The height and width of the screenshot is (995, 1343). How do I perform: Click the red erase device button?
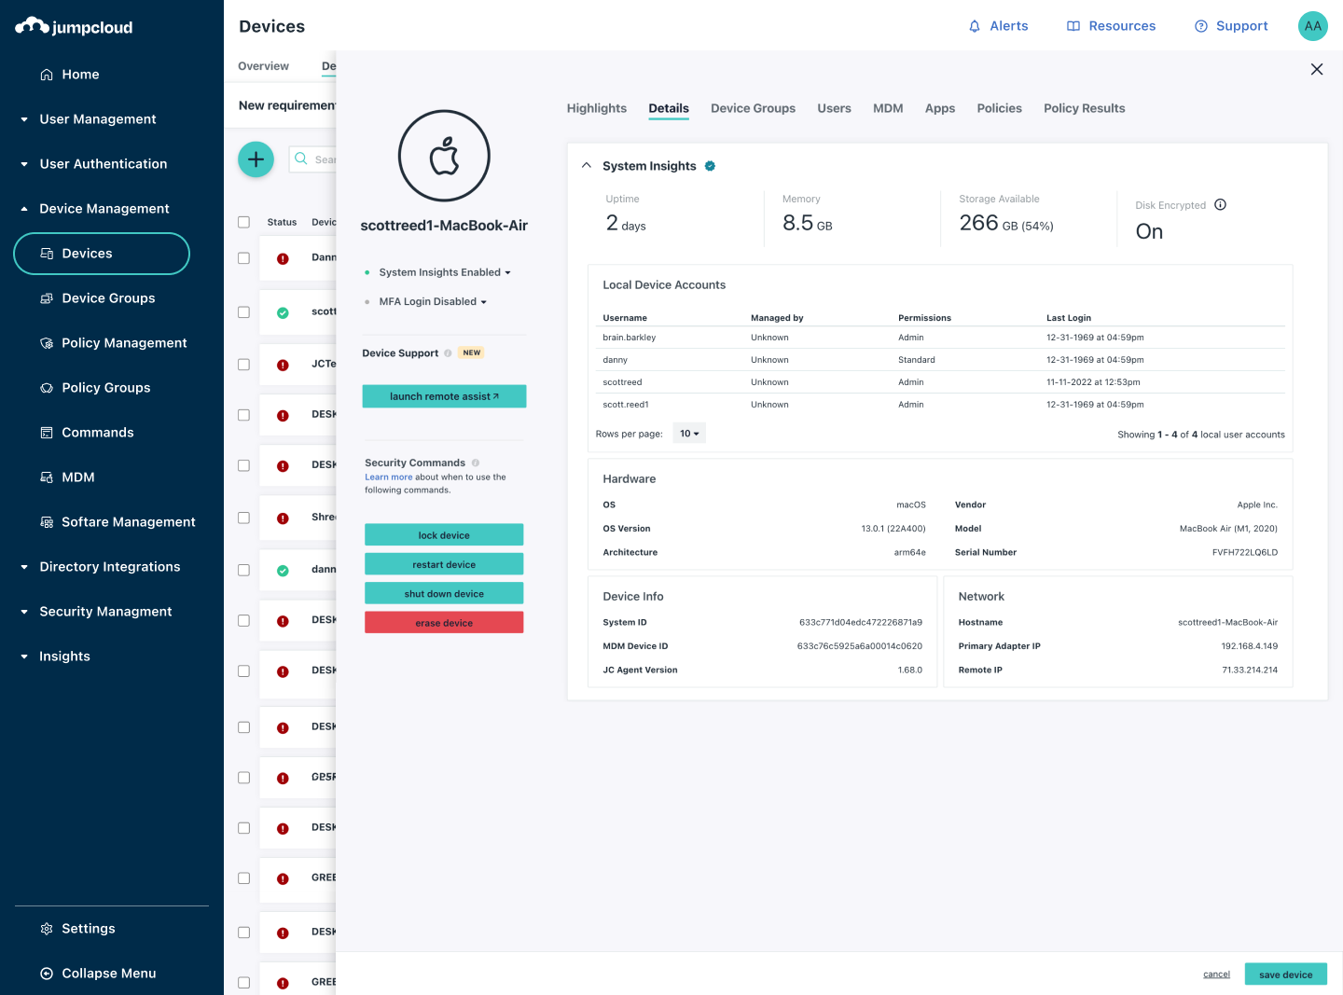coord(444,622)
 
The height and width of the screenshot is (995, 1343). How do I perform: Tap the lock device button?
coord(444,534)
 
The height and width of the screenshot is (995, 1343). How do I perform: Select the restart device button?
coord(444,564)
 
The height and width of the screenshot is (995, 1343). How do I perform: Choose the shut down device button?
coord(444,593)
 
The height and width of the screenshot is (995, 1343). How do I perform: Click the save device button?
coord(1285,974)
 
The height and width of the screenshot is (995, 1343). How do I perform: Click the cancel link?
coord(1216,974)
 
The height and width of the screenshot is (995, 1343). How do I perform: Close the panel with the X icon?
coord(1317,69)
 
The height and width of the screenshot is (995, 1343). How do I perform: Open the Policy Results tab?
coord(1084,108)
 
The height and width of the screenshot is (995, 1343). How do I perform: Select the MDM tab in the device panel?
coord(888,108)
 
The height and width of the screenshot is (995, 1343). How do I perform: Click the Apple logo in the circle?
coord(444,156)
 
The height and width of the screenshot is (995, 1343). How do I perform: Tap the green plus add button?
coord(256,159)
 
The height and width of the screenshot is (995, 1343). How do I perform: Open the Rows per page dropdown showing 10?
coord(689,434)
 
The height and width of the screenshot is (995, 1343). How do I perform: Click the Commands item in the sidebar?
coord(97,433)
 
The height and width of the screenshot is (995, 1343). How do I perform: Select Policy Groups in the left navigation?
coord(105,388)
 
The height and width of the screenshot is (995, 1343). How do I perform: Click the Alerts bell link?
coord(998,26)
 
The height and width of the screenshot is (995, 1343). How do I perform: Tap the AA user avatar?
coord(1312,26)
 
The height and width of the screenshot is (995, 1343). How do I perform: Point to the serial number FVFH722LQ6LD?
coord(1244,552)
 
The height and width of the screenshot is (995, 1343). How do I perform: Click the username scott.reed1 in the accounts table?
coord(626,405)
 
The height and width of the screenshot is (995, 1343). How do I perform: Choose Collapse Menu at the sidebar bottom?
coord(108,974)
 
